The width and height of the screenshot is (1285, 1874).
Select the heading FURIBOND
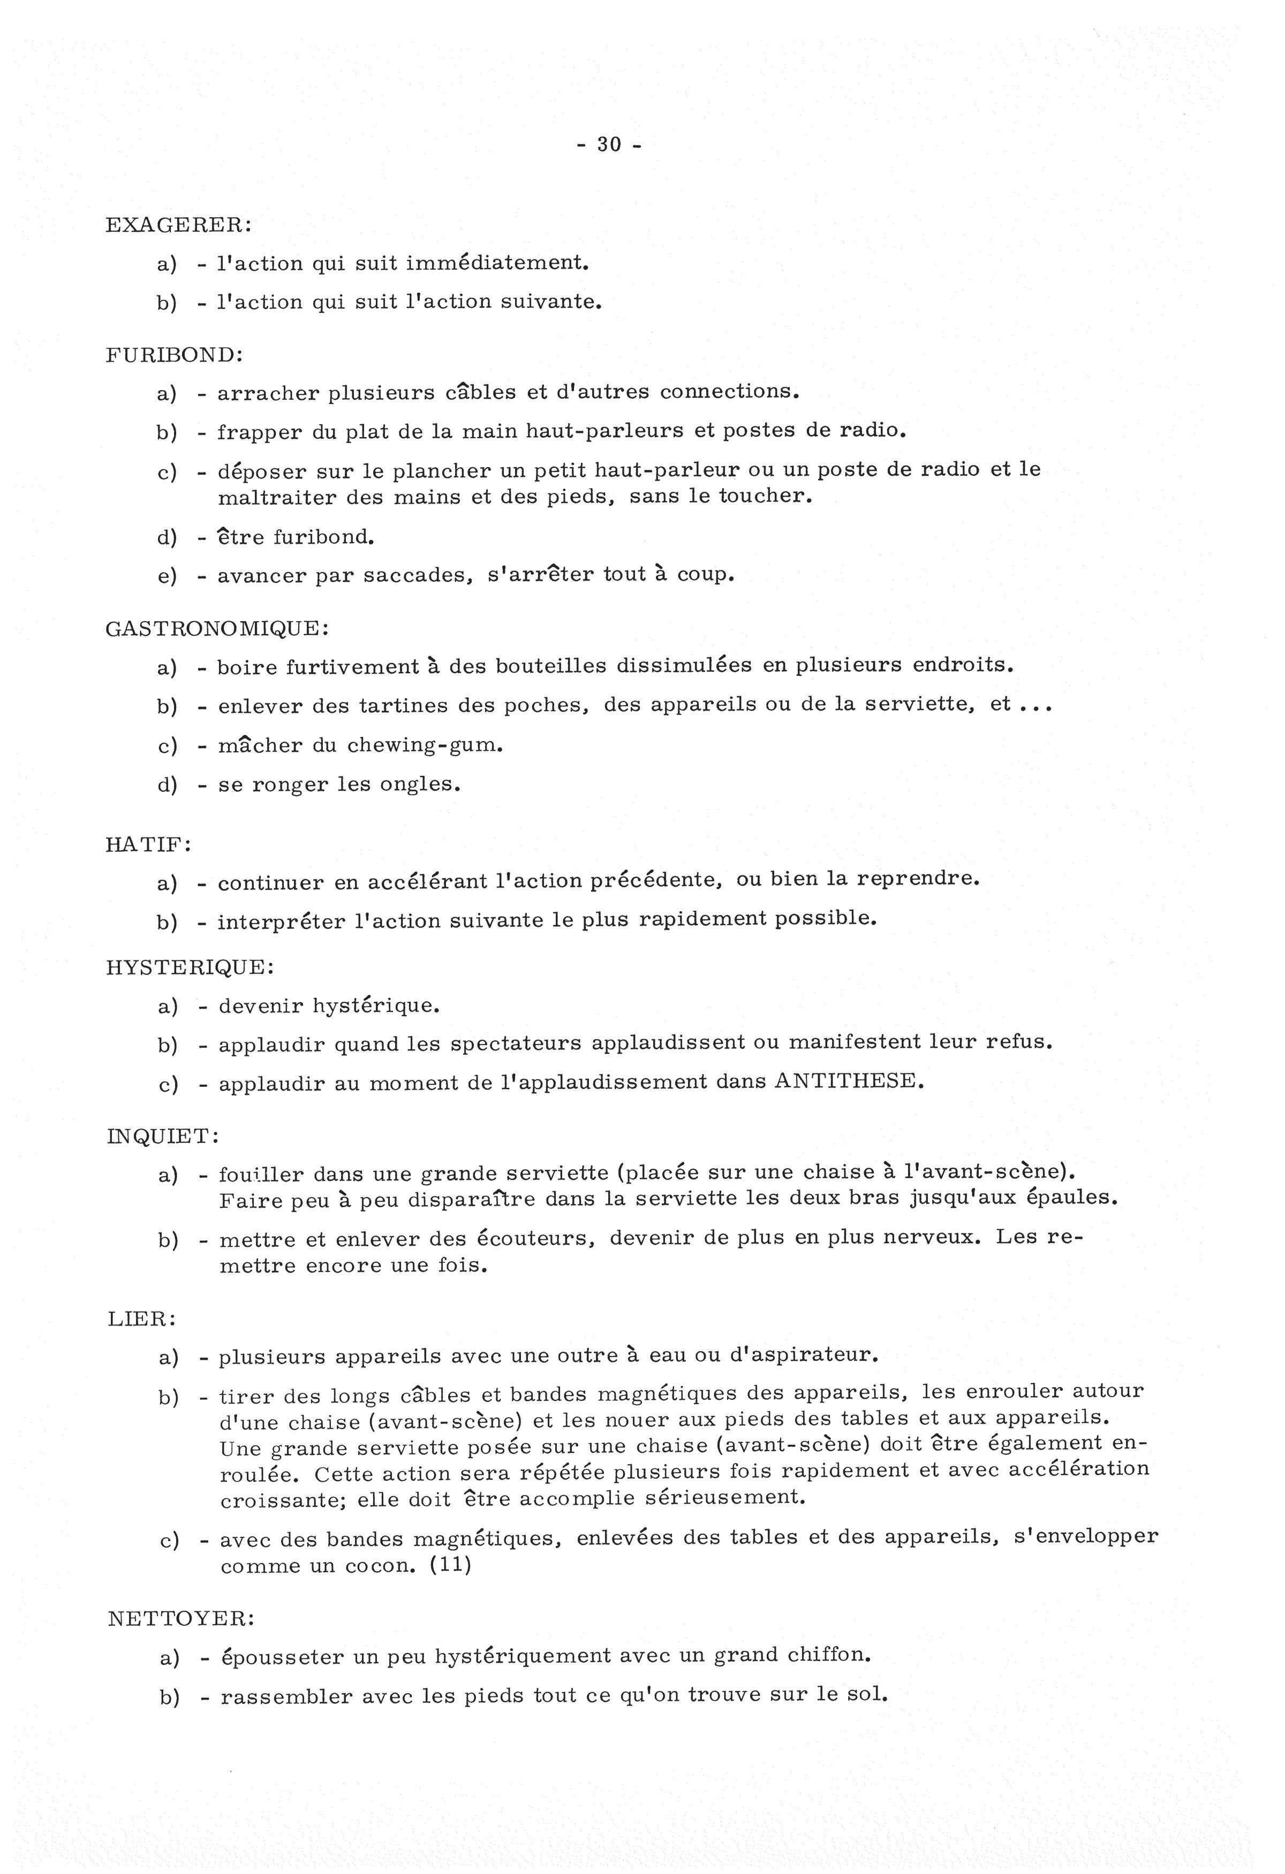pos(173,355)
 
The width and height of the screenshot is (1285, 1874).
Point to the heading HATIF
pos(148,844)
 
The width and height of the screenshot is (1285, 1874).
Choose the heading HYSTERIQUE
pos(190,967)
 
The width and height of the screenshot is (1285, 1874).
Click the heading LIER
pos(141,1320)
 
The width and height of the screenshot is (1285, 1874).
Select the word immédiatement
pos(497,263)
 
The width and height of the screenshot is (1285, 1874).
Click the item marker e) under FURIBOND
pos(167,576)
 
